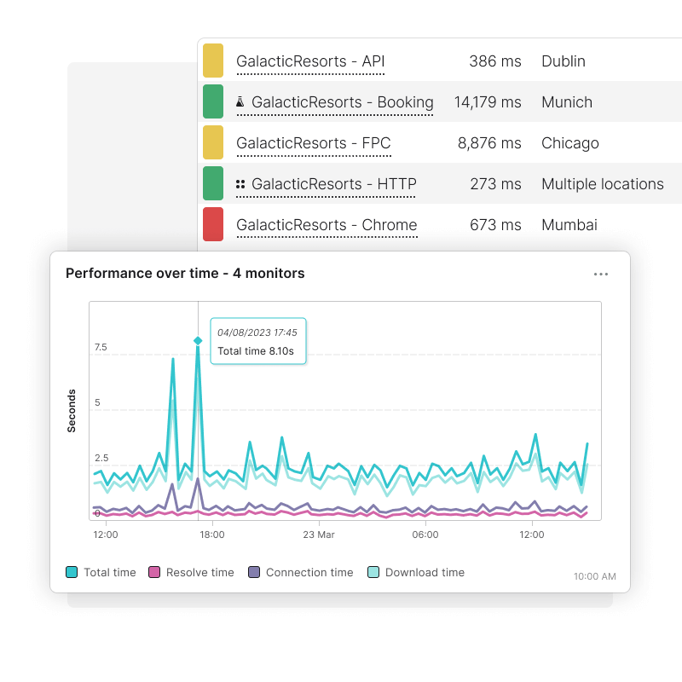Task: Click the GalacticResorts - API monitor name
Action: pyautogui.click(x=310, y=61)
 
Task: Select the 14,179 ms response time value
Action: pyautogui.click(x=487, y=102)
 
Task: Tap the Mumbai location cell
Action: pyautogui.click(x=569, y=225)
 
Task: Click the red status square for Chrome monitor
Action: pyautogui.click(x=213, y=225)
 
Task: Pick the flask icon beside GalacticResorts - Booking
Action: pyautogui.click(x=240, y=102)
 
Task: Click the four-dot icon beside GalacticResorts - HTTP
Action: pyautogui.click(x=240, y=184)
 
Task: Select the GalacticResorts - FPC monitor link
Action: pyautogui.click(x=313, y=143)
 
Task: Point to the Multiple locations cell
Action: pyautogui.click(x=602, y=184)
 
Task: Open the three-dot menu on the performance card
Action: pyautogui.click(x=601, y=274)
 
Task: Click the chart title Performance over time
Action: pyautogui.click(x=185, y=274)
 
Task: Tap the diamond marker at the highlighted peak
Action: pyautogui.click(x=198, y=340)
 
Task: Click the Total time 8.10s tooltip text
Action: pyautogui.click(x=257, y=350)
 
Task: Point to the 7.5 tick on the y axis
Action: pyautogui.click(x=101, y=347)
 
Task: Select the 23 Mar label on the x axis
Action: pyautogui.click(x=319, y=535)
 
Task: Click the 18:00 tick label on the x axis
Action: pyautogui.click(x=211, y=535)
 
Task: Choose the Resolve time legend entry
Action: pyautogui.click(x=191, y=573)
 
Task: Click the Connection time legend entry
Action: pyautogui.click(x=300, y=573)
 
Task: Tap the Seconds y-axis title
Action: pyautogui.click(x=72, y=410)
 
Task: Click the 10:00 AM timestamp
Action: pyautogui.click(x=594, y=576)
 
